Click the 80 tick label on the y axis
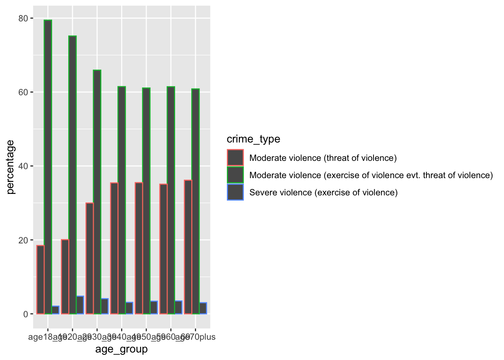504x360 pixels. point(23,18)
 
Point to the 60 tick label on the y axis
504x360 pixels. point(23,92)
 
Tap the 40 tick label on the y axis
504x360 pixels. point(23,166)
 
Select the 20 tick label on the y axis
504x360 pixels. point(23,240)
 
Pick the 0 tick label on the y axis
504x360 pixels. point(25,314)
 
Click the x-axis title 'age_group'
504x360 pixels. point(121,349)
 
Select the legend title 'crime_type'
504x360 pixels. point(253,139)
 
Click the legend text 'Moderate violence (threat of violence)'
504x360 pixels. point(323,158)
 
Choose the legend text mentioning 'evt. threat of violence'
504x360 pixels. point(371,175)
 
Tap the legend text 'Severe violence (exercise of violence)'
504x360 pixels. point(323,192)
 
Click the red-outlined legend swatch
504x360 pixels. point(235,157)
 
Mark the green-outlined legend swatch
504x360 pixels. point(235,175)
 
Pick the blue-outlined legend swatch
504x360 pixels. point(235,192)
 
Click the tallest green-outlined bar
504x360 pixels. point(48,167)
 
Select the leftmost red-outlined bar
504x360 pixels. point(40,280)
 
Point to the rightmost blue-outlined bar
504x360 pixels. point(203,308)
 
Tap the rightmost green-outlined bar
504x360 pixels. point(195,201)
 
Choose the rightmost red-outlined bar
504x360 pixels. point(188,247)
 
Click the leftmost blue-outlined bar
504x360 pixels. point(55,310)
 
